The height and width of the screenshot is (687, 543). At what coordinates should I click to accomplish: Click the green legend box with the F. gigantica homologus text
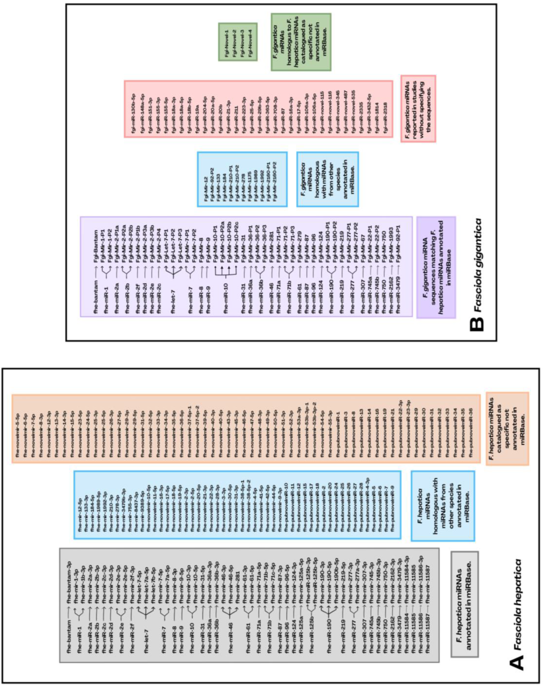301,42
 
